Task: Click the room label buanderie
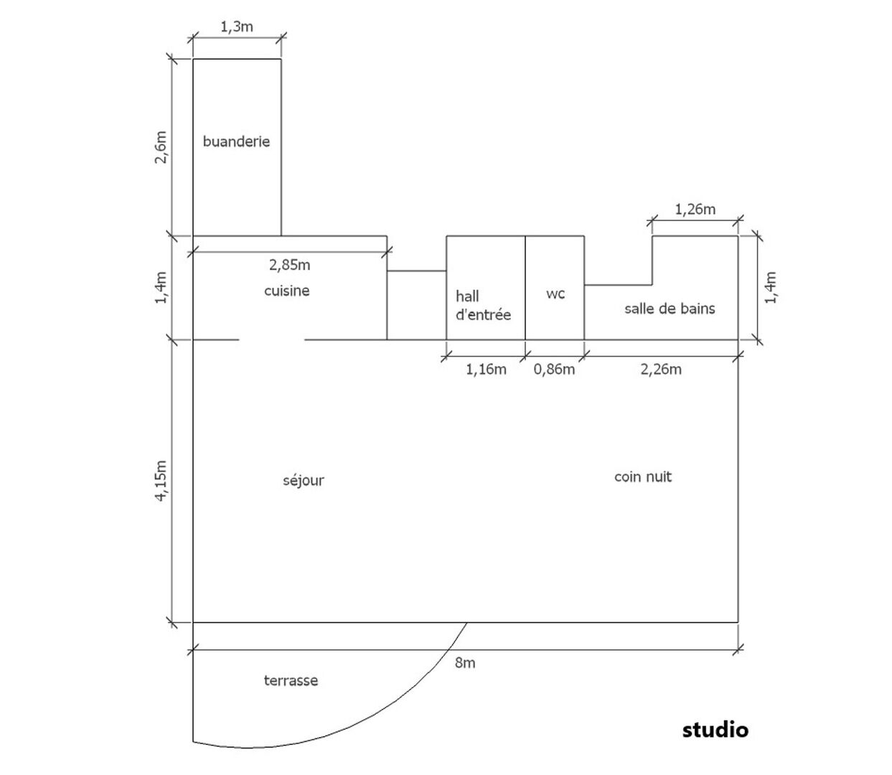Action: pyautogui.click(x=236, y=141)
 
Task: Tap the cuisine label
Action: pyautogui.click(x=287, y=291)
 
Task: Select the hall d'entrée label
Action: pyautogui.click(x=483, y=305)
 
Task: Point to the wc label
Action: pyautogui.click(x=555, y=293)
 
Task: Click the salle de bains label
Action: pyautogui.click(x=670, y=309)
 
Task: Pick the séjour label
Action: pyautogui.click(x=304, y=480)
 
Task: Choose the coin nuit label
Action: pyautogui.click(x=642, y=476)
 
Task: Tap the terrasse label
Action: pyautogui.click(x=291, y=680)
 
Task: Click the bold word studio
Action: pyautogui.click(x=715, y=729)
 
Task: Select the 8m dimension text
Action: pyautogui.click(x=465, y=662)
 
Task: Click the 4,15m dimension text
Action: pyautogui.click(x=161, y=480)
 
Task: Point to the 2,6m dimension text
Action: pyautogui.click(x=161, y=147)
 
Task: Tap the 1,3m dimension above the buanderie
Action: pyautogui.click(x=237, y=27)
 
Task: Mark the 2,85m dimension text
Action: pyautogui.click(x=289, y=265)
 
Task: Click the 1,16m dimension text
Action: pyautogui.click(x=486, y=369)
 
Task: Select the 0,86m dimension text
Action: pyautogui.click(x=554, y=369)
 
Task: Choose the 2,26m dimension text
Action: pyautogui.click(x=661, y=369)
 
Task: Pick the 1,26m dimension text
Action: pyautogui.click(x=695, y=210)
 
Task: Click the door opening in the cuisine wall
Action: pyautogui.click(x=271, y=339)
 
